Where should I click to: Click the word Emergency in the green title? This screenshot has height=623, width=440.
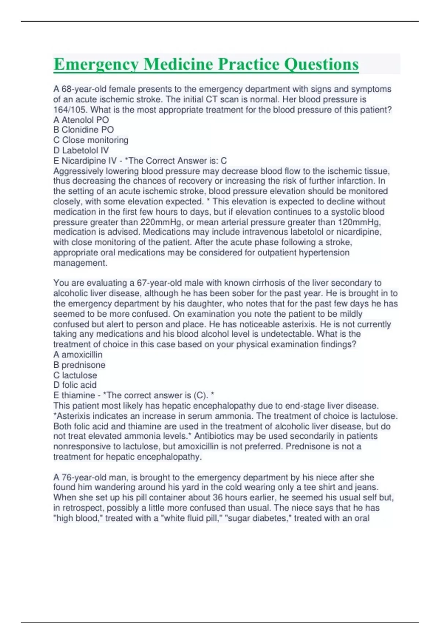pos(96,64)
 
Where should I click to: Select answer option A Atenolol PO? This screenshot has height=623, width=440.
pos(81,120)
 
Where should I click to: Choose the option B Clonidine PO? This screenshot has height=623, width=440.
pos(84,130)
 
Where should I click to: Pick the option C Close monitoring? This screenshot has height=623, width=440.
pos(91,140)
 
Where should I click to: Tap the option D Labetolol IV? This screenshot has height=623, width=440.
pos(81,150)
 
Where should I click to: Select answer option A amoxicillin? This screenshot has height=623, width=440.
pos(78,354)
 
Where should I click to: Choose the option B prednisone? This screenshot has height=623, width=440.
pos(79,365)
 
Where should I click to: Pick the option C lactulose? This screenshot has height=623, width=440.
pos(75,375)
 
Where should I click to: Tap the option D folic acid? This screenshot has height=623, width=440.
pos(75,385)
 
